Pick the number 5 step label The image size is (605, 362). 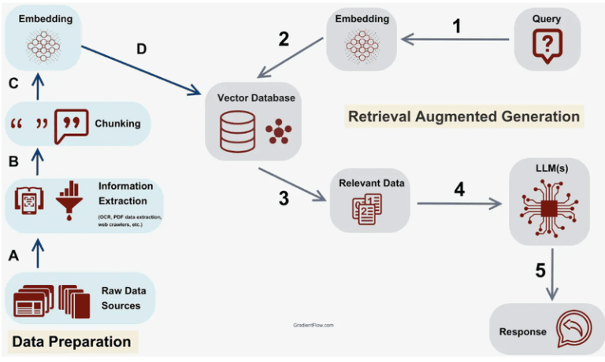point(540,271)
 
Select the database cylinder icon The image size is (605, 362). point(238,130)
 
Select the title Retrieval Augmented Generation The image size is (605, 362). point(464,116)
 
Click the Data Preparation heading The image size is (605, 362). point(70,342)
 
